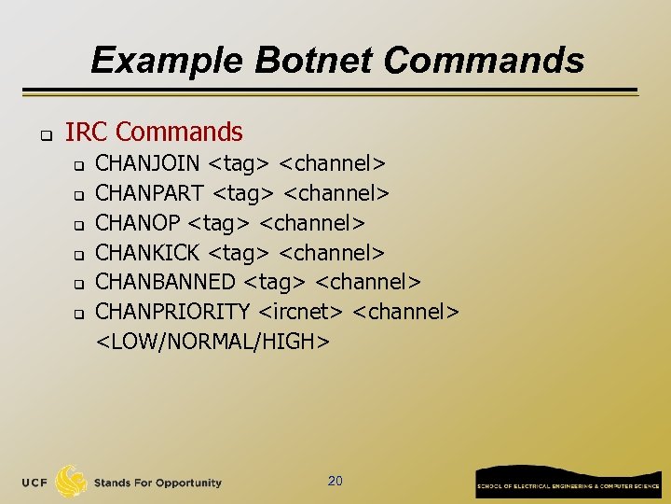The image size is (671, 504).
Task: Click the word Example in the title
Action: pos(166,61)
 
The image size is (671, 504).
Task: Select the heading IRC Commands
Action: pos(154,133)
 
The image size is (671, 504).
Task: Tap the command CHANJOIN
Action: pos(147,164)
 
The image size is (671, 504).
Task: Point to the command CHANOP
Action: pos(138,223)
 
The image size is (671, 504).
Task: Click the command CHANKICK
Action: pos(148,252)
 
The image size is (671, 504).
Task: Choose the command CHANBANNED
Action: pos(165,282)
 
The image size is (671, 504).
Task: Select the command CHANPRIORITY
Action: pos(173,311)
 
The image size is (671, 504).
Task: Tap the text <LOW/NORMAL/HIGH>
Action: pos(213,342)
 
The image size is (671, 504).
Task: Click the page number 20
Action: pos(335,481)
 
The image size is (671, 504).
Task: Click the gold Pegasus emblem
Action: pos(72,481)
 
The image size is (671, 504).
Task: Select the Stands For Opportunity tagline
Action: pos(157,483)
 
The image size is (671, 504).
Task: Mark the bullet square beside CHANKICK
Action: pos(79,254)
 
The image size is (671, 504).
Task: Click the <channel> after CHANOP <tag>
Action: pos(312,223)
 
